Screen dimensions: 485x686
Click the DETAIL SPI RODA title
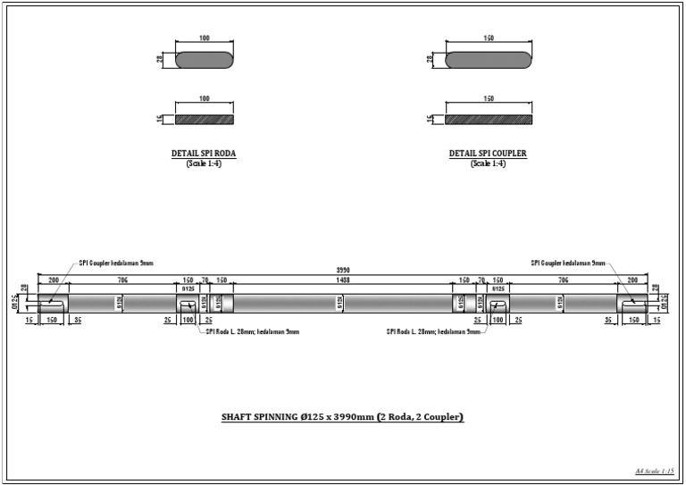(x=204, y=154)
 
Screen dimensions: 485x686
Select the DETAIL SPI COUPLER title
(x=488, y=154)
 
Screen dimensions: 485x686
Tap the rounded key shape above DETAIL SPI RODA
(x=204, y=59)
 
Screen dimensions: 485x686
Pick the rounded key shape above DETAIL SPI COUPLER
(x=488, y=59)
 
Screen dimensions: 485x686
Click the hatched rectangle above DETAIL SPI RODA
(x=204, y=118)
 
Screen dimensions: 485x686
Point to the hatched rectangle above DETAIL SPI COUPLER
(x=488, y=118)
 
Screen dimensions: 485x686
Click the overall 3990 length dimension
(x=343, y=270)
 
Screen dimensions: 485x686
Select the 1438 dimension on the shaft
(x=343, y=280)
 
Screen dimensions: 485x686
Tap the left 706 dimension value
(x=120, y=280)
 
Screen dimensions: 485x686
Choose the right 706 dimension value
(x=564, y=280)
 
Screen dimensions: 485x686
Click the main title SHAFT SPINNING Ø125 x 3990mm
(x=342, y=417)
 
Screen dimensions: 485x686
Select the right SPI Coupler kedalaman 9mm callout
(x=568, y=263)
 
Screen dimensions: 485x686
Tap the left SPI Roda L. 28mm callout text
(x=253, y=331)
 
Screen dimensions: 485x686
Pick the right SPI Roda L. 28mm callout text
(x=433, y=331)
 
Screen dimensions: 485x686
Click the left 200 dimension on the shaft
(x=53, y=280)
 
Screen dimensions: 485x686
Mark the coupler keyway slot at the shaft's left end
(x=50, y=304)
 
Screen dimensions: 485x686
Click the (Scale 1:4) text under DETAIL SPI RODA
(x=204, y=163)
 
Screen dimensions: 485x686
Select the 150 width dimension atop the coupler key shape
(x=488, y=38)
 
